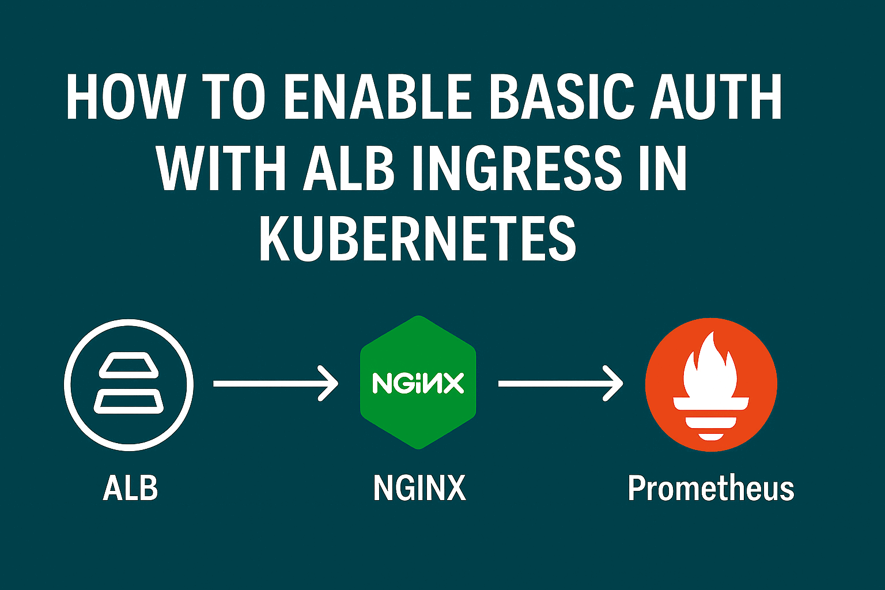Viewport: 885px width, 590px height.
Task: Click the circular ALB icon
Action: (129, 384)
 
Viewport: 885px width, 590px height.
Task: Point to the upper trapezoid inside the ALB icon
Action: (129, 367)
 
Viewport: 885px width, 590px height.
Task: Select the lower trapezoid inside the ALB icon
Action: (129, 402)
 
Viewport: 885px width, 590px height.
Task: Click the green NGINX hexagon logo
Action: (418, 383)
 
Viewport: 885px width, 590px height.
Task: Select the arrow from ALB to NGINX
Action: (275, 383)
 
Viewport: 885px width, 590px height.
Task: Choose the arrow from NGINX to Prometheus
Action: (560, 383)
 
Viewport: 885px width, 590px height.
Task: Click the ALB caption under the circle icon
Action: (130, 489)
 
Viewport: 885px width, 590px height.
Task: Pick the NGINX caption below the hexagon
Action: (419, 489)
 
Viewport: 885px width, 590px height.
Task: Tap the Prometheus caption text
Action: (711, 489)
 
